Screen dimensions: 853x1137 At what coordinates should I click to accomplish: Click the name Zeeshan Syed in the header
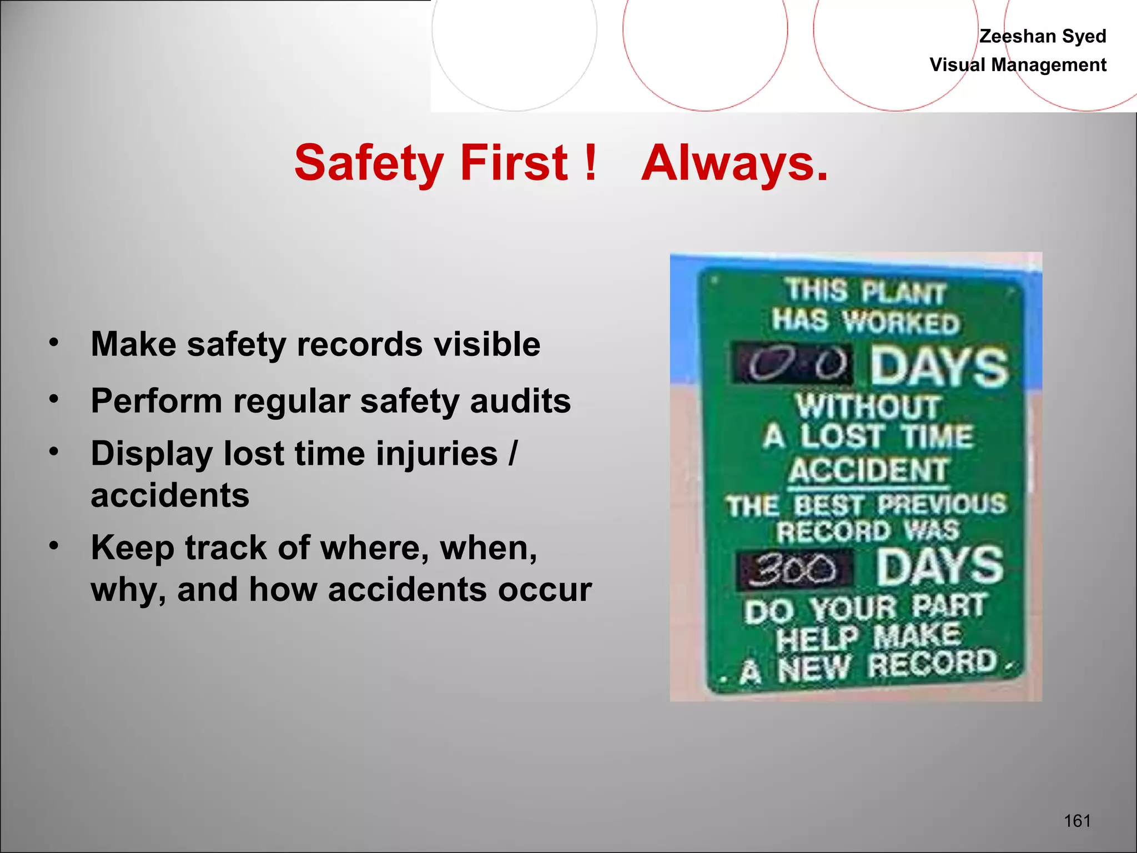click(x=1042, y=36)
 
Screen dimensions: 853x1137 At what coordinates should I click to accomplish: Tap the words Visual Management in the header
click(x=1018, y=65)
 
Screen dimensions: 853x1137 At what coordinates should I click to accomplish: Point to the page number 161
click(x=1077, y=821)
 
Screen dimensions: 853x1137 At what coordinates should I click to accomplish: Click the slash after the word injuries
click(x=513, y=454)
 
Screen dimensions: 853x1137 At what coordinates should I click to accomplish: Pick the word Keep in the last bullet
click(x=132, y=548)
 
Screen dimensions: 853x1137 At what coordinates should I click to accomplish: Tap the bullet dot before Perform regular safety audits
click(x=53, y=399)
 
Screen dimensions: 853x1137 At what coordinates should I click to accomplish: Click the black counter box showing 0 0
click(x=792, y=364)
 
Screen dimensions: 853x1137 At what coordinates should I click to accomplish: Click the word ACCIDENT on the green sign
click(x=868, y=471)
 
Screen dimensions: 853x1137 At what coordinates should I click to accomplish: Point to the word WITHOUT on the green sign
click(x=868, y=407)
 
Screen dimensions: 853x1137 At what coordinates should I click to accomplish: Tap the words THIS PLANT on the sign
click(x=865, y=291)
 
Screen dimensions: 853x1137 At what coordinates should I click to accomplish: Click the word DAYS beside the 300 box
click(x=939, y=566)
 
